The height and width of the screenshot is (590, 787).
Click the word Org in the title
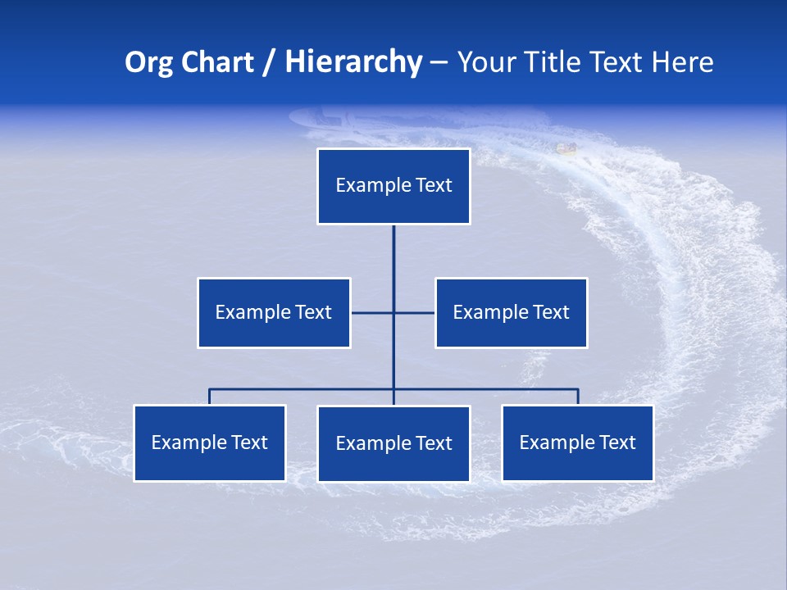click(x=149, y=62)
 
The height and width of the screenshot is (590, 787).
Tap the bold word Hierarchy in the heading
click(x=353, y=62)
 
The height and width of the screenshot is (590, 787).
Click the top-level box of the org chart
click(x=393, y=186)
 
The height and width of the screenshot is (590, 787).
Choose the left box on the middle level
click(x=274, y=312)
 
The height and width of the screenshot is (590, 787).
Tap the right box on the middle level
click(x=512, y=312)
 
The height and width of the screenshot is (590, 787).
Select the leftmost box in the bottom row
click(x=210, y=443)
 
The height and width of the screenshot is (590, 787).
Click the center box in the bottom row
click(x=393, y=444)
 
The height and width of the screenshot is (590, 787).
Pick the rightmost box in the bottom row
click(x=578, y=443)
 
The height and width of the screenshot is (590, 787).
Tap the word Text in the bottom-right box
click(x=617, y=443)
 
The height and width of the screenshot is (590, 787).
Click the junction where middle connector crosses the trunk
click(x=393, y=312)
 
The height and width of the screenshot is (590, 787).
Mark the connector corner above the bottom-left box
click(x=210, y=390)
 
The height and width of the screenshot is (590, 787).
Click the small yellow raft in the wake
click(x=566, y=148)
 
